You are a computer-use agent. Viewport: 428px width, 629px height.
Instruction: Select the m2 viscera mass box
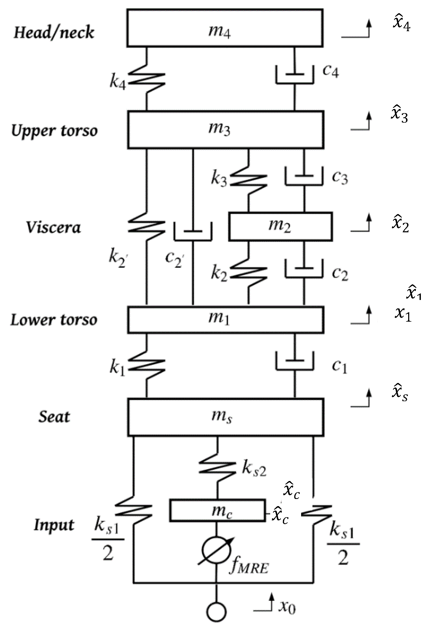[x=280, y=226]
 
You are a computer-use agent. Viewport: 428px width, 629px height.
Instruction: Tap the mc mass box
[x=217, y=510]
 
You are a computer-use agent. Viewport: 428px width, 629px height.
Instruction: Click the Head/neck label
[x=54, y=33]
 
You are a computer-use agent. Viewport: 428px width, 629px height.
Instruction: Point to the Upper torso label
[x=54, y=131]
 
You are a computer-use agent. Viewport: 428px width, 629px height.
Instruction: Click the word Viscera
[x=53, y=227]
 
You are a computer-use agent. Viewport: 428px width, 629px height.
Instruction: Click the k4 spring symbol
[x=146, y=79]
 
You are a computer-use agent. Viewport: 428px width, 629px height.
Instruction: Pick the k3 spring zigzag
[x=248, y=181]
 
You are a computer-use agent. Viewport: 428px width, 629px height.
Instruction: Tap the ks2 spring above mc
[x=217, y=468]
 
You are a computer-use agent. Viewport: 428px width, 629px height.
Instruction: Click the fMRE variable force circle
[x=216, y=551]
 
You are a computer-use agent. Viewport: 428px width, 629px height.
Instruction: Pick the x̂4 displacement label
[x=401, y=23]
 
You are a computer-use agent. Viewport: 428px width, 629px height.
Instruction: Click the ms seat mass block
[x=225, y=417]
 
